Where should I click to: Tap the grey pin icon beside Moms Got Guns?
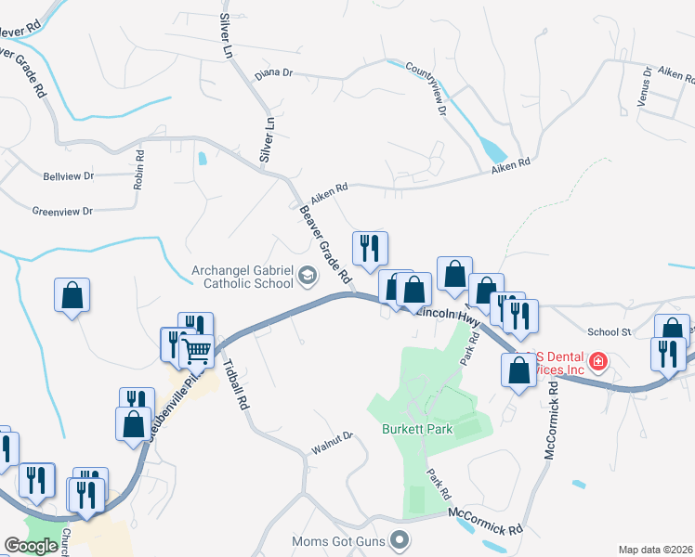click(x=400, y=539)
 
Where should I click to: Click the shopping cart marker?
click(x=197, y=352)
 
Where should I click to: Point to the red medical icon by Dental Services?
click(x=599, y=360)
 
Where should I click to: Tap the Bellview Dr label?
click(x=69, y=175)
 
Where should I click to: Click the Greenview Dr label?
click(x=62, y=212)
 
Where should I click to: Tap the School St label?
click(x=609, y=331)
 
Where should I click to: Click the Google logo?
click(x=31, y=546)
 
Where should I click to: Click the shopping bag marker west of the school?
click(x=72, y=296)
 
